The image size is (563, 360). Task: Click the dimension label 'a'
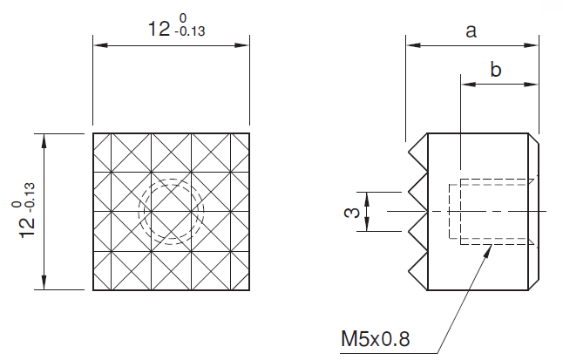tap(471, 31)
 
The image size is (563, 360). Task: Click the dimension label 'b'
tap(496, 70)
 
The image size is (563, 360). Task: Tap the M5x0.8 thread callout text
tap(376, 339)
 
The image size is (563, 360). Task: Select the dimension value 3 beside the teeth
tap(352, 212)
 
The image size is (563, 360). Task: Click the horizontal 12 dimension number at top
tap(159, 29)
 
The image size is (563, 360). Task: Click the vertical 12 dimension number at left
tap(28, 227)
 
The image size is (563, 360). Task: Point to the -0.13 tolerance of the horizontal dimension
tap(190, 31)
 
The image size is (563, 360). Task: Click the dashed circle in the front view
tap(172, 179)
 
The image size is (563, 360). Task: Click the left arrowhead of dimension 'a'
tap(414, 45)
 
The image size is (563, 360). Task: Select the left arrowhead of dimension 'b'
tap(469, 85)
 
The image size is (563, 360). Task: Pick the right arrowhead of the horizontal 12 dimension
tap(241, 45)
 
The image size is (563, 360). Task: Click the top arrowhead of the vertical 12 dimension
tap(44, 141)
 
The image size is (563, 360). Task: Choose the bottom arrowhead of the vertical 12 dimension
tap(44, 282)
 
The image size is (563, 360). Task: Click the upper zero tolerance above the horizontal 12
tap(183, 18)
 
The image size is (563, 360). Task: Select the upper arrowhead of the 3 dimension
tap(367, 199)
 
